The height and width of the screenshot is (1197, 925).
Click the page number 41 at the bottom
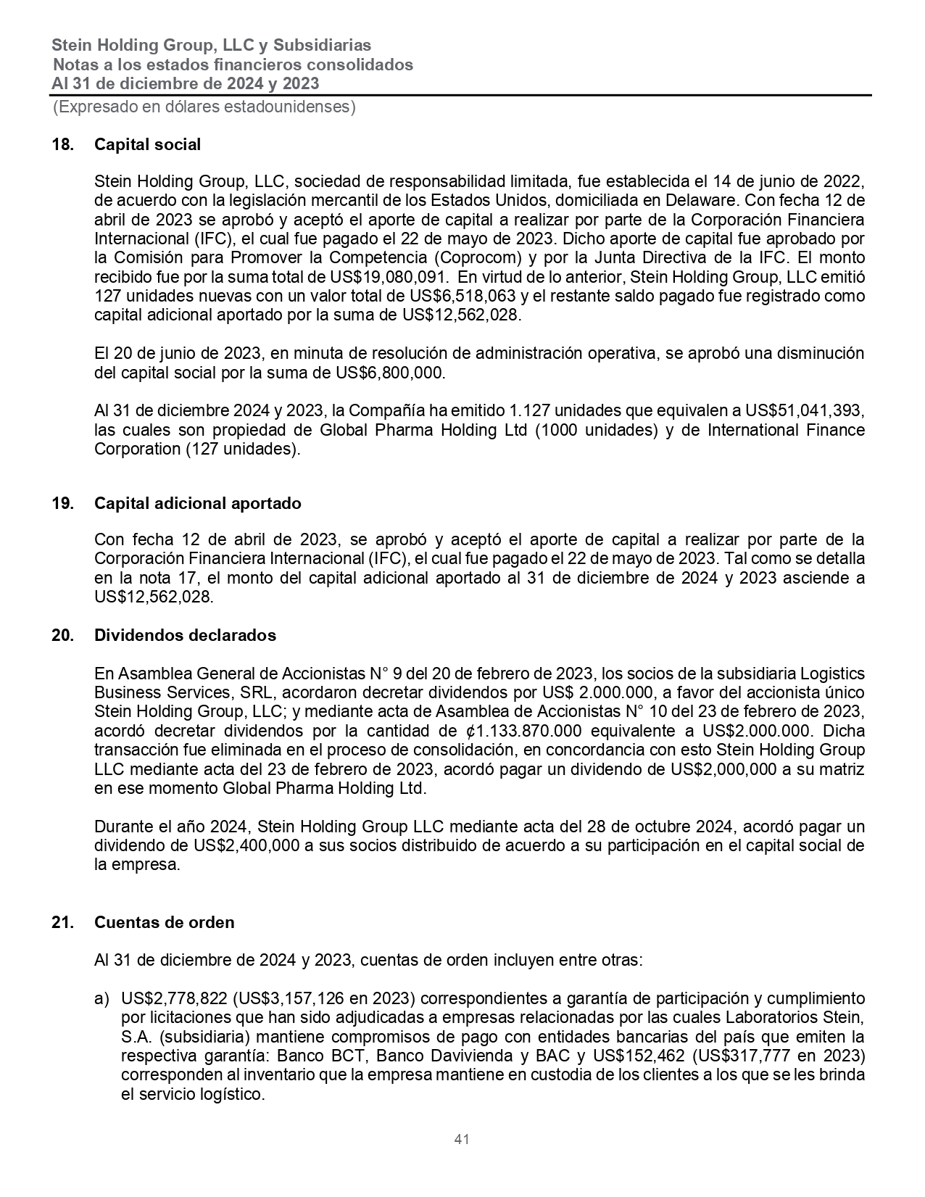coord(462,1139)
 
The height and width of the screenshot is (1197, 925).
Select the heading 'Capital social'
coord(147,144)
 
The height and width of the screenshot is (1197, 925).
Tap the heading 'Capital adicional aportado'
coord(197,503)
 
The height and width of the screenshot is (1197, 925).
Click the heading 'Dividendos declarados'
coord(185,635)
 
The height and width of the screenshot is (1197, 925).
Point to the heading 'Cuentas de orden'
coord(164,922)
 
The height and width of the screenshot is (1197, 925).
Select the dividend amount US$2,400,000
coord(245,845)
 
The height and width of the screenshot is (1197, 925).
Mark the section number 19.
coord(62,503)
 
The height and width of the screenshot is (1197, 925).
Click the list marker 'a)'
coord(102,998)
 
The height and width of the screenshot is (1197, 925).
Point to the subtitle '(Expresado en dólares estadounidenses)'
coord(204,107)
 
